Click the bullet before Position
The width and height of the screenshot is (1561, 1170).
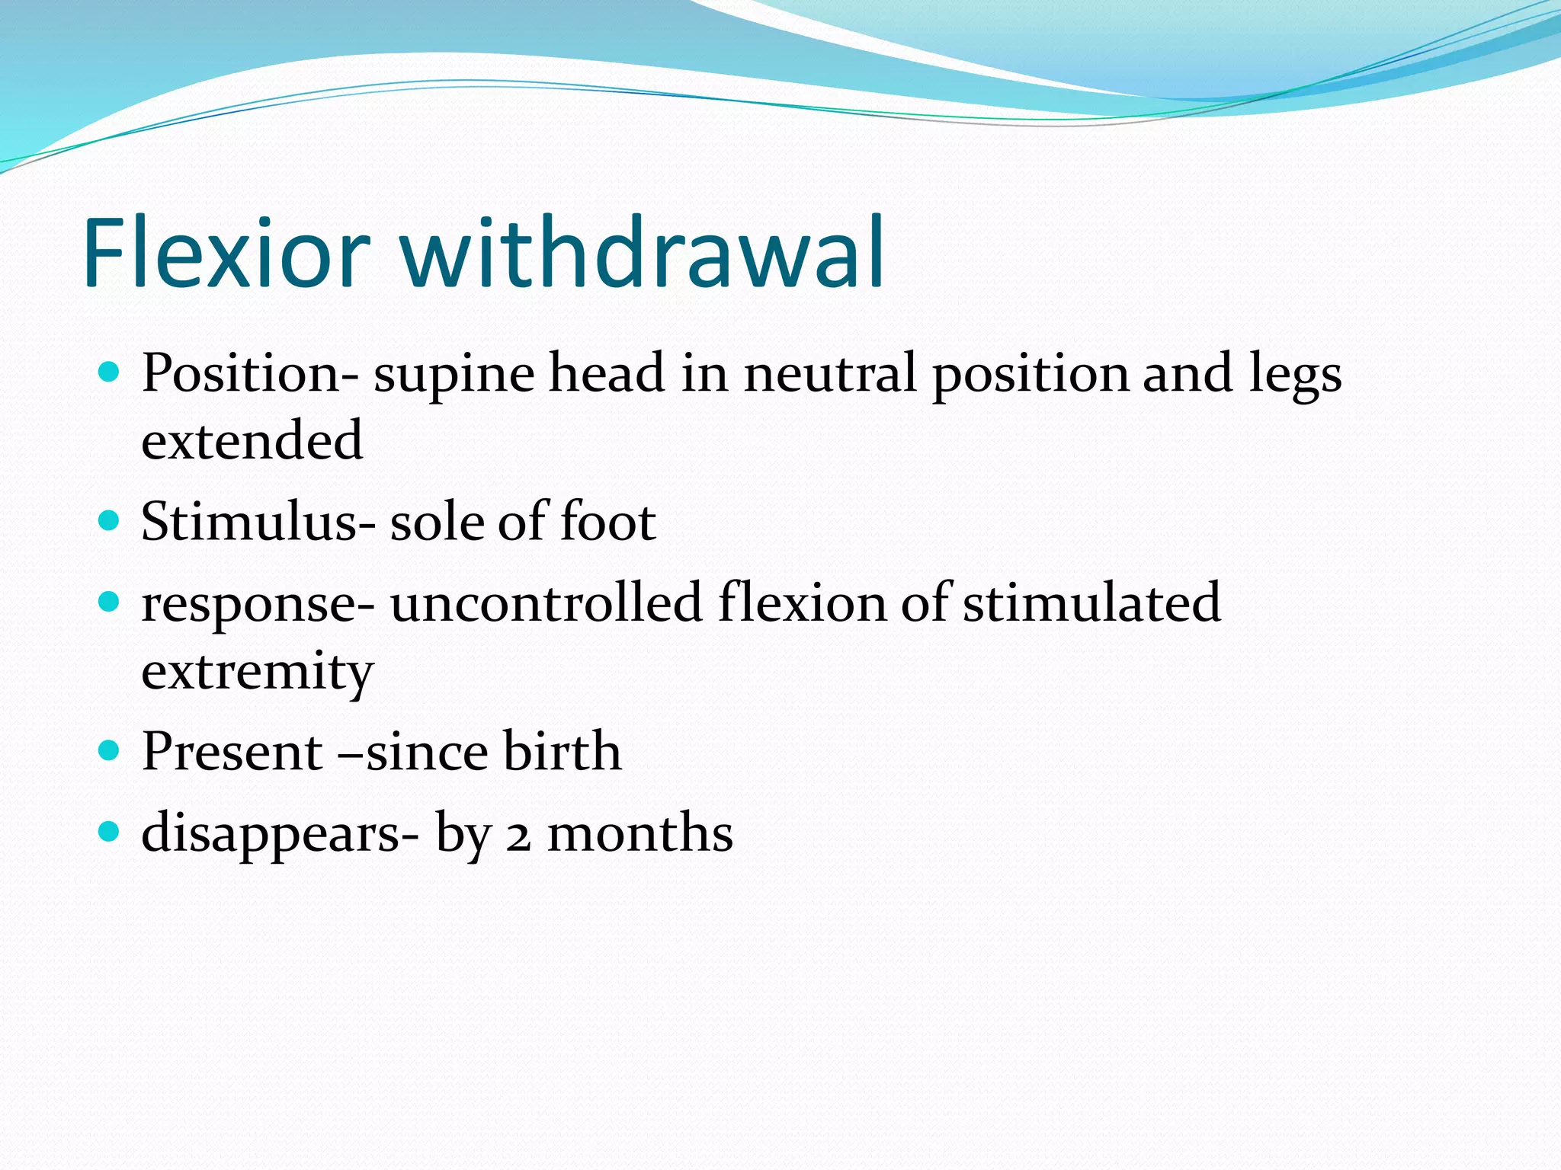tap(110, 372)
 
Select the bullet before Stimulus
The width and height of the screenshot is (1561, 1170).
tap(110, 521)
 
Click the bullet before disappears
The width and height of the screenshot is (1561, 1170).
tap(110, 832)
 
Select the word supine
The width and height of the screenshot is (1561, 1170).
tap(454, 375)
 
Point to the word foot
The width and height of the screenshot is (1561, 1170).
tap(608, 523)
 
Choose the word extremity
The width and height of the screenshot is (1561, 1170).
tap(258, 672)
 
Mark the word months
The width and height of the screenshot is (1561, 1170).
tap(640, 833)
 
